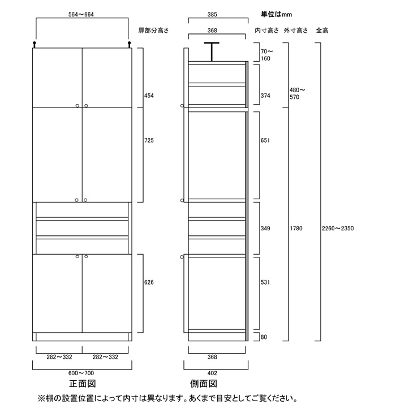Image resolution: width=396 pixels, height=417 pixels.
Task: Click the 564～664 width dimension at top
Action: pos(81,14)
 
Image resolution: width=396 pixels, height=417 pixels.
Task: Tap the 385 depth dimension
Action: pos(212,14)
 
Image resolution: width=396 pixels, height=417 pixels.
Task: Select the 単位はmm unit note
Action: pos(276,14)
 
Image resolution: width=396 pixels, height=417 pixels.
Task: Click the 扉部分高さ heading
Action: pos(153,31)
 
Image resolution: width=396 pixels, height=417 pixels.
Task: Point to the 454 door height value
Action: pos(149,96)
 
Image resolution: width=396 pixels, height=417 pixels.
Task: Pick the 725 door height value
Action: pos(149,140)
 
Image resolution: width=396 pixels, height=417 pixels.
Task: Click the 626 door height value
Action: pos(149,282)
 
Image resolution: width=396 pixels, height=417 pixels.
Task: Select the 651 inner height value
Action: pos(265,140)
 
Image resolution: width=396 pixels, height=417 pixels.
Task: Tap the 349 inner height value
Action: pos(265,228)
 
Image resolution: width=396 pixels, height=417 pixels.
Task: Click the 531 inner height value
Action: pos(265,282)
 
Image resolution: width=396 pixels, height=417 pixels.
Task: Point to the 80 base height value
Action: pos(264,337)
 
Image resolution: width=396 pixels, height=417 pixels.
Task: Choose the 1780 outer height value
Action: pos(296,228)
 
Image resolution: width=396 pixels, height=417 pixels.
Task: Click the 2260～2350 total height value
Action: pos(338,228)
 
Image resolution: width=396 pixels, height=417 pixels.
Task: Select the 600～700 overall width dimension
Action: pos(81,373)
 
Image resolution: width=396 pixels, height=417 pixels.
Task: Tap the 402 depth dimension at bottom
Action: pos(212,373)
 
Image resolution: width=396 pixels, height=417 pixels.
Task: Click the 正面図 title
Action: pos(82,384)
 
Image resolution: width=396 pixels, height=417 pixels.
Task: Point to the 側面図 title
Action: pos(204,384)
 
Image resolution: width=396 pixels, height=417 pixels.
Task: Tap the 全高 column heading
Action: pos(322,31)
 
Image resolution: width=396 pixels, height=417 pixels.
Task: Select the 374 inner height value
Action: pos(265,96)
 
